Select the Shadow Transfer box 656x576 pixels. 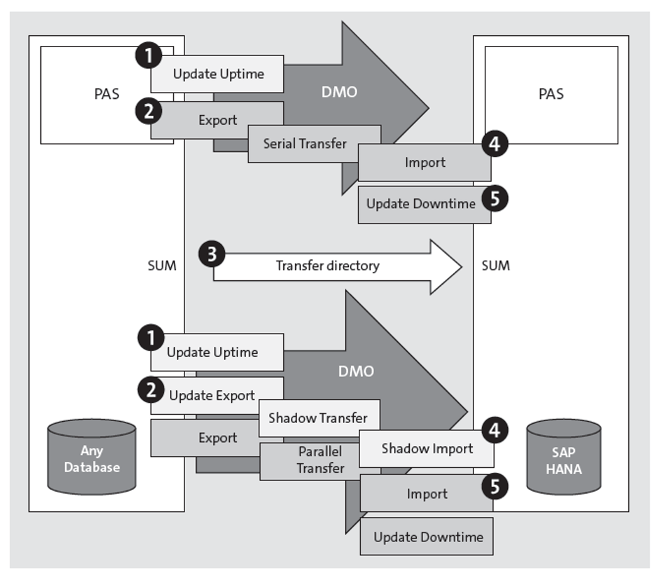click(319, 418)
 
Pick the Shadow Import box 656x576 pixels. click(426, 449)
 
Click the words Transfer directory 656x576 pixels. click(327, 266)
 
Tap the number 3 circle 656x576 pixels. click(212, 255)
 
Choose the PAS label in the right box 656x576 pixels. click(551, 94)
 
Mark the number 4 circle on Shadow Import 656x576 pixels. click(495, 431)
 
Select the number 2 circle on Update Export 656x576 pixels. click(150, 390)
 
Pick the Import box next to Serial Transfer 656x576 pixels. click(424, 162)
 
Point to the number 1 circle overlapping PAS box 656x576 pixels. click(148, 56)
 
